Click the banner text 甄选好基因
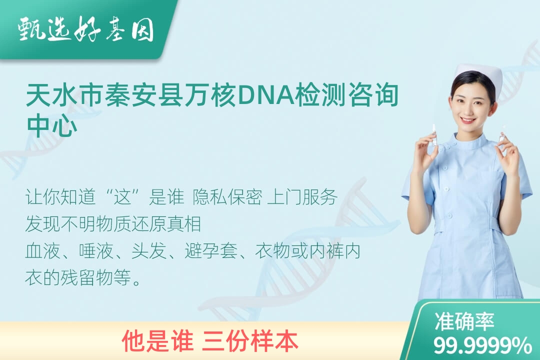(86, 29)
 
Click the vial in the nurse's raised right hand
(434, 136)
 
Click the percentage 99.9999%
(482, 345)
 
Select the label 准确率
(464, 321)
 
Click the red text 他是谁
(157, 340)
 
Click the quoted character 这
(123, 197)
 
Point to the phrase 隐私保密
(227, 197)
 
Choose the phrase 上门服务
(302, 197)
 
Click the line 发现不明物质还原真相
(113, 224)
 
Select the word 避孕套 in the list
(211, 251)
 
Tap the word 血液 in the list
(43, 251)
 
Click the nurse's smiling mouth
(468, 120)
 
